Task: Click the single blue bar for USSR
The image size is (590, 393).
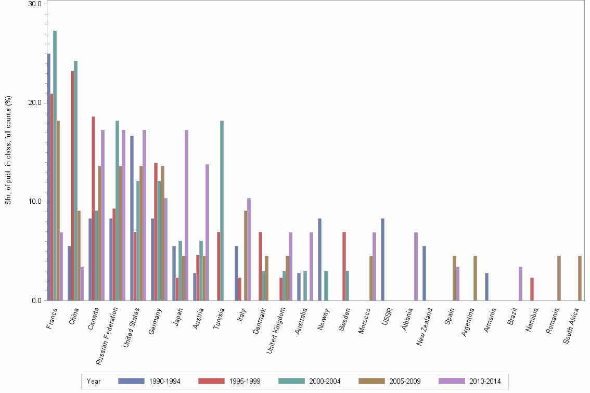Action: coord(382,259)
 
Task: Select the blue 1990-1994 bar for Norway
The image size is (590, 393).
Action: coord(319,259)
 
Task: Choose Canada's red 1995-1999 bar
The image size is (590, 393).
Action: coord(93,208)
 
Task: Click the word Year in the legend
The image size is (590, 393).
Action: coord(94,381)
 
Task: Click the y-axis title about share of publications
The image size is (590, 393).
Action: coord(8,151)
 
